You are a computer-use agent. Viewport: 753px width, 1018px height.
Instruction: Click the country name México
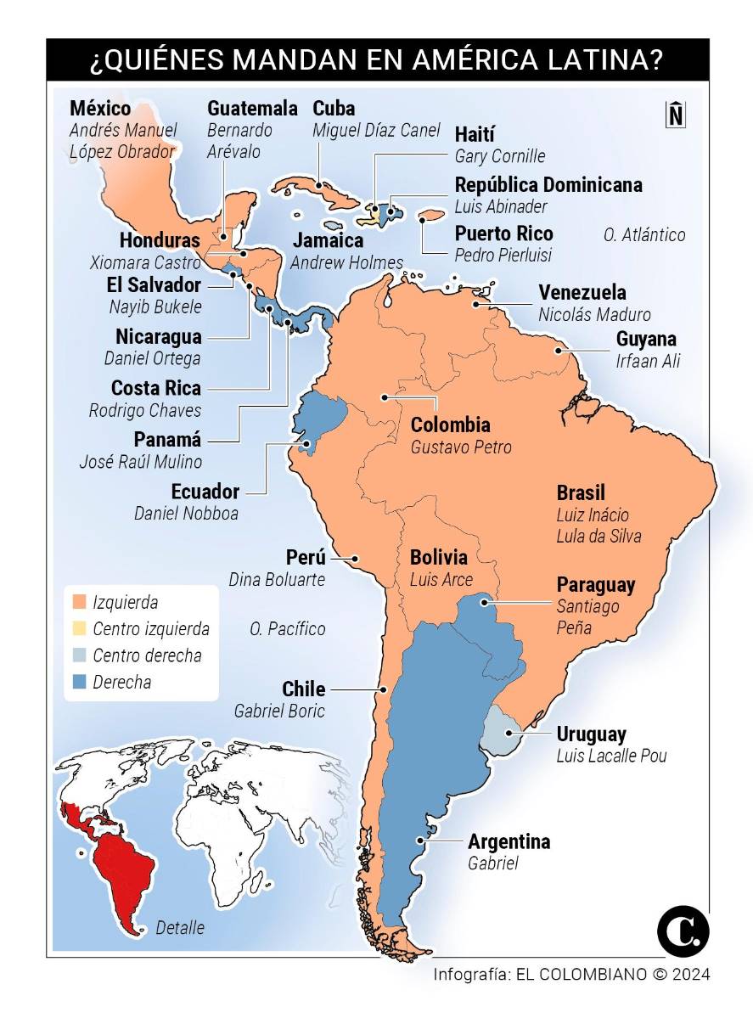pyautogui.click(x=100, y=109)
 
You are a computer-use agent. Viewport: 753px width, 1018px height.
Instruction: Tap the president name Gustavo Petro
pyautogui.click(x=461, y=447)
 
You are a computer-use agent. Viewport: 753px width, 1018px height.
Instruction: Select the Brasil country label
pyautogui.click(x=581, y=492)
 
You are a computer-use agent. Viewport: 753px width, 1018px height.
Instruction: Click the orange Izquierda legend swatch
pyautogui.click(x=81, y=603)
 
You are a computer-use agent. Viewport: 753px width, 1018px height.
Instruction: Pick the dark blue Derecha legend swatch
pyautogui.click(x=81, y=682)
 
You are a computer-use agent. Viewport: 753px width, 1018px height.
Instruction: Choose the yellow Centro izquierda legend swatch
pyautogui.click(x=81, y=629)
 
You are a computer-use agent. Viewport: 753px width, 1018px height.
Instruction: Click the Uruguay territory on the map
pyautogui.click(x=500, y=731)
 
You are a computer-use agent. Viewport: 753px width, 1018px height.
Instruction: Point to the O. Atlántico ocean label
pyautogui.click(x=644, y=234)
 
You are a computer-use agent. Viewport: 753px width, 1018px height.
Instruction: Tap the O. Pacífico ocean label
pyautogui.click(x=288, y=629)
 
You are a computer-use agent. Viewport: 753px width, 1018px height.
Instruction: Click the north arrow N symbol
pyautogui.click(x=675, y=114)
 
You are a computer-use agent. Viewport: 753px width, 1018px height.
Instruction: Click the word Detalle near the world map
pyautogui.click(x=180, y=928)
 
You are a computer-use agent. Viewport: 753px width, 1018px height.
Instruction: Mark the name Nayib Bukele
pyautogui.click(x=155, y=307)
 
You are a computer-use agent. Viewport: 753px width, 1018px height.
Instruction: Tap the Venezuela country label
pyautogui.click(x=582, y=293)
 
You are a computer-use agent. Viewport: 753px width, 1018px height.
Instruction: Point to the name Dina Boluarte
pyautogui.click(x=277, y=580)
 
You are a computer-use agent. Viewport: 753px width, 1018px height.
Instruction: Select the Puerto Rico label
pyautogui.click(x=503, y=233)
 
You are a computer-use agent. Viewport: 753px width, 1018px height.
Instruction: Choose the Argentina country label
pyautogui.click(x=509, y=841)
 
